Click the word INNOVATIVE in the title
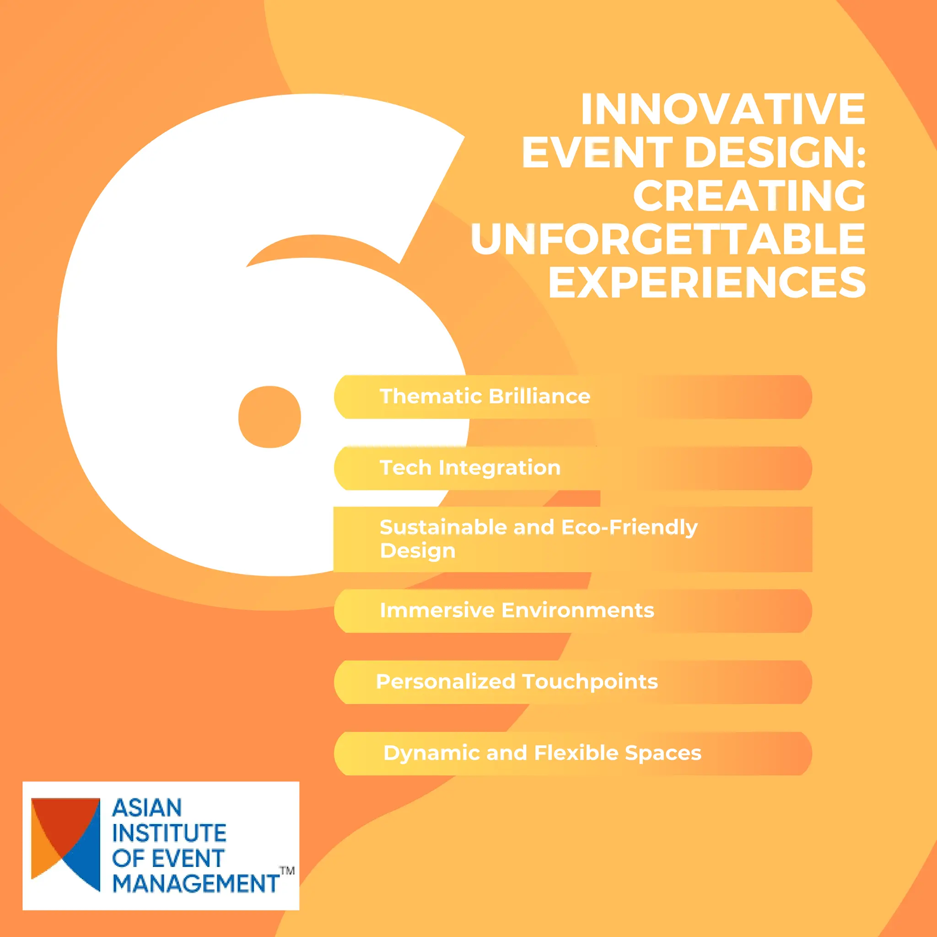[722, 109]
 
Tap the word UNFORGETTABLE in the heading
[668, 239]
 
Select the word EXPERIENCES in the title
[706, 283]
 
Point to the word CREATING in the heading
[749, 196]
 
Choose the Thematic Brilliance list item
[485, 397]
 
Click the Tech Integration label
[470, 468]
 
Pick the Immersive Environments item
[517, 611]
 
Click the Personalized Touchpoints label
[517, 682]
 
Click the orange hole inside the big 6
[269, 417]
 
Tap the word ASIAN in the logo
[147, 808]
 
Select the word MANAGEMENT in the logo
[196, 883]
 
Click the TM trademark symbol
[287, 871]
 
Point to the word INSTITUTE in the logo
[169, 833]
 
